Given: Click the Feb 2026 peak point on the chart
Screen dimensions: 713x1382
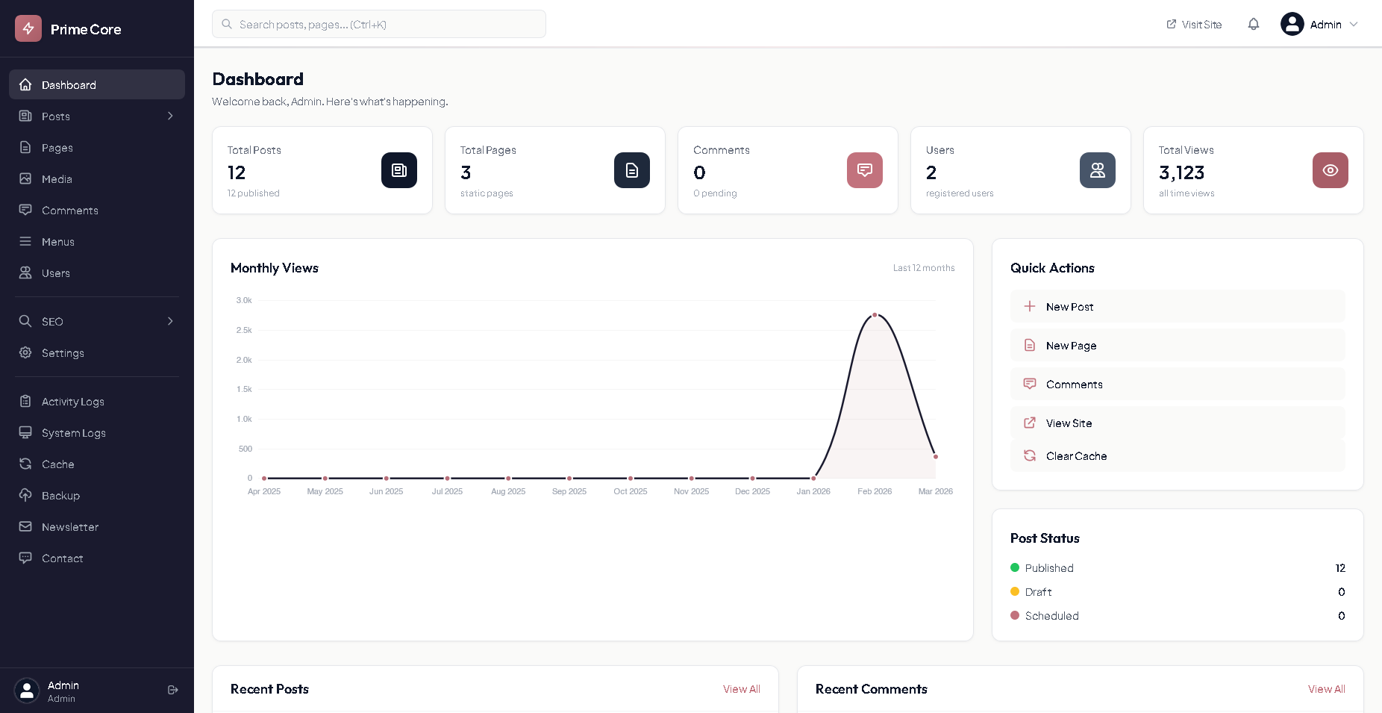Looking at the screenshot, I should pos(875,315).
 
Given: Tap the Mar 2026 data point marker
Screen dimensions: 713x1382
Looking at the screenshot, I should pos(936,457).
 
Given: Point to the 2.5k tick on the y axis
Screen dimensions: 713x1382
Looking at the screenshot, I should pos(244,330).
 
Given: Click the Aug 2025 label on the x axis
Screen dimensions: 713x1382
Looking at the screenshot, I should pos(508,491).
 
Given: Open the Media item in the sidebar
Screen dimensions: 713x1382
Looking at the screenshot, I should pos(57,179).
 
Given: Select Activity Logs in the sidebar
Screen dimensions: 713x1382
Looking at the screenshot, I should pos(72,402).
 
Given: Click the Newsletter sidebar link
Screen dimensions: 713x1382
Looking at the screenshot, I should pos(69,527).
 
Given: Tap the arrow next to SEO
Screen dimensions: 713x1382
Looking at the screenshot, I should pos(170,321).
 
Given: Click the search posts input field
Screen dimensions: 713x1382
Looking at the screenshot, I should pos(379,25).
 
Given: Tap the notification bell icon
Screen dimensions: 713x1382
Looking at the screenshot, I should pos(1254,25).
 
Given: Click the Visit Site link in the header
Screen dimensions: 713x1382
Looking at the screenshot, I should pos(1194,25).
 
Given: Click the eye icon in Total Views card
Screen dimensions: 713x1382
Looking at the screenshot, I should pos(1330,170).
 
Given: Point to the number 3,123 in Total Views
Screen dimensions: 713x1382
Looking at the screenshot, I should pos(1181,173).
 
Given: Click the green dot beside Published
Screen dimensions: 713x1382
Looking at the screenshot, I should pos(1015,567).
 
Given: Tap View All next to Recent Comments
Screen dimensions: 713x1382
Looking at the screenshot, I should pos(1326,689).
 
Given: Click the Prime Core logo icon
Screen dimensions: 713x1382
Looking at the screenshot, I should pos(28,29).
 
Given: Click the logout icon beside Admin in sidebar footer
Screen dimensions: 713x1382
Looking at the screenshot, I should pos(173,690).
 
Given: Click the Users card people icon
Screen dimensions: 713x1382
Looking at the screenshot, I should pos(1097,170).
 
